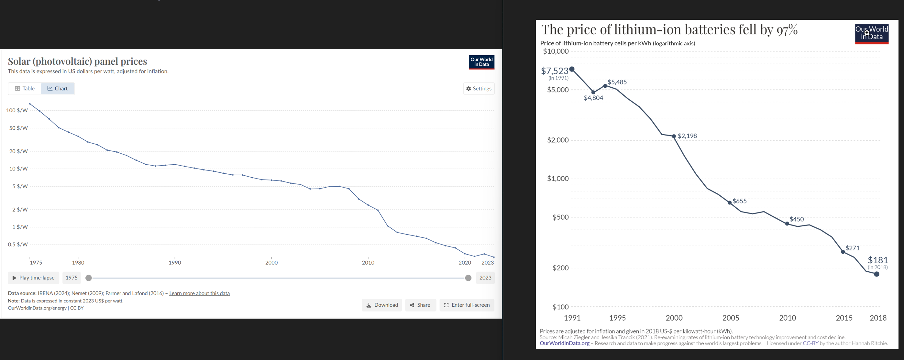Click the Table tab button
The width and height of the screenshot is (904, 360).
[25, 88]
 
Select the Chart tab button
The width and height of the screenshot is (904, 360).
[58, 88]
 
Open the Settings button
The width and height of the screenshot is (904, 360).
[479, 88]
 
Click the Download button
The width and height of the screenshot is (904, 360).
[382, 305]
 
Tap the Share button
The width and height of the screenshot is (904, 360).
[420, 305]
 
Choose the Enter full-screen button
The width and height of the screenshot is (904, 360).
[467, 305]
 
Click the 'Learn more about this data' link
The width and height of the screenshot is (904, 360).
[199, 293]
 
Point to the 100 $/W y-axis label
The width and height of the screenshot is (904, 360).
[17, 110]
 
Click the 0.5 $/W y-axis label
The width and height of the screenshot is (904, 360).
[18, 244]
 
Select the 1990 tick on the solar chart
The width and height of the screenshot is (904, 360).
[175, 262]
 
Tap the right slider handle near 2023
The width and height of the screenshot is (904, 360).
[468, 278]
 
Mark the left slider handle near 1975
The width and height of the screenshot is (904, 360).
[89, 278]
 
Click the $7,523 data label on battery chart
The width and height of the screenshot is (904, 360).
[555, 71]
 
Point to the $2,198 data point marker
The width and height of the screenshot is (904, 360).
[674, 136]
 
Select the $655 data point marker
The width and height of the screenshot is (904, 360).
[730, 202]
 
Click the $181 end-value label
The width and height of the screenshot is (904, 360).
[878, 260]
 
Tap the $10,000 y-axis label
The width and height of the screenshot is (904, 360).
[556, 51]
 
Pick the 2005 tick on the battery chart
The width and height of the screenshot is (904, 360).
[731, 318]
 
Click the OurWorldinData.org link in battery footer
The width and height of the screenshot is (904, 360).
[565, 343]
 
